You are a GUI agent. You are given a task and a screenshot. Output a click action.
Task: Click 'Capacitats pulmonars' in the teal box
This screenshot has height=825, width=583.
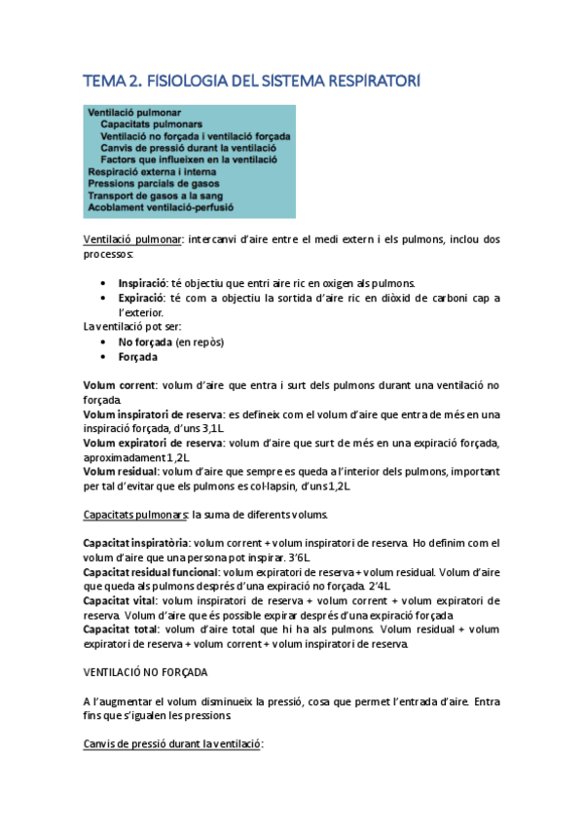pos(151,125)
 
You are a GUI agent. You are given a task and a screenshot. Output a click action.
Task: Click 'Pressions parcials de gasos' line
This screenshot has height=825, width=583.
pos(153,182)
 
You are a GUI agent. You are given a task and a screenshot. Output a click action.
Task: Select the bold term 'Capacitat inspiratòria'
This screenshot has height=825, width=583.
pos(136,543)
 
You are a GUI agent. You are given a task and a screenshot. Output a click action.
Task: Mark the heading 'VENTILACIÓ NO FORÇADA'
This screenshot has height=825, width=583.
pos(147,672)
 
